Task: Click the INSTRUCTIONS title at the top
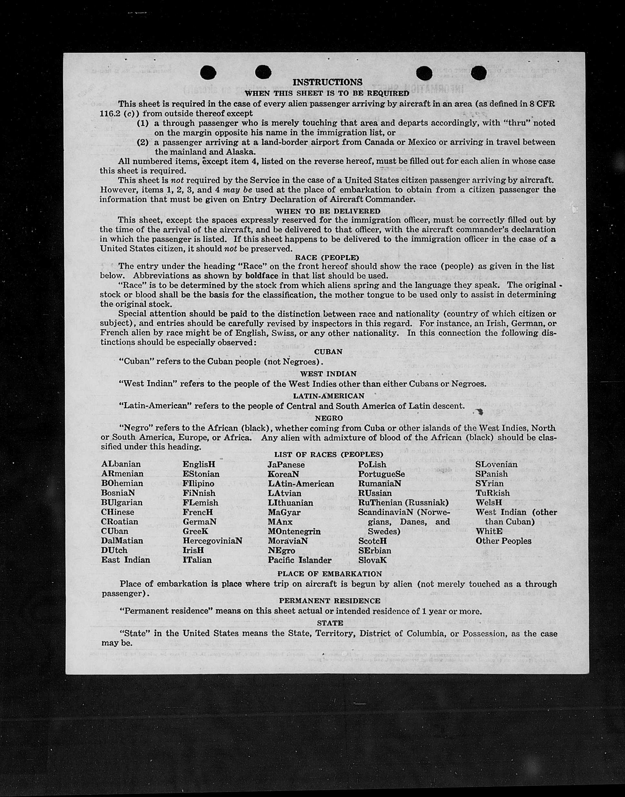[x=327, y=82]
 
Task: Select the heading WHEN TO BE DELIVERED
[x=328, y=211]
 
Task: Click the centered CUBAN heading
[x=328, y=352]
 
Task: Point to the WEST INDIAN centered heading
[x=328, y=374]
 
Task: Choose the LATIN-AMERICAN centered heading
[x=328, y=396]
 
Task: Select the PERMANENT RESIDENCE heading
[x=329, y=601]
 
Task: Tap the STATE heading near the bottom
[x=330, y=623]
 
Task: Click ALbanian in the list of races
[x=121, y=464]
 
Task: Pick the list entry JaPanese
[x=286, y=464]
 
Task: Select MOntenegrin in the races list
[x=294, y=531]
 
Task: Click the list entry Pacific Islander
[x=299, y=560]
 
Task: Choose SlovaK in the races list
[x=372, y=560]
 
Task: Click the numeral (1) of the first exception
[x=142, y=123]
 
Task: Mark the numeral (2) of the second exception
[x=142, y=142]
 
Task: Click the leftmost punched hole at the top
[x=208, y=72]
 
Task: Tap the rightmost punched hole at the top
[x=478, y=73]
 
